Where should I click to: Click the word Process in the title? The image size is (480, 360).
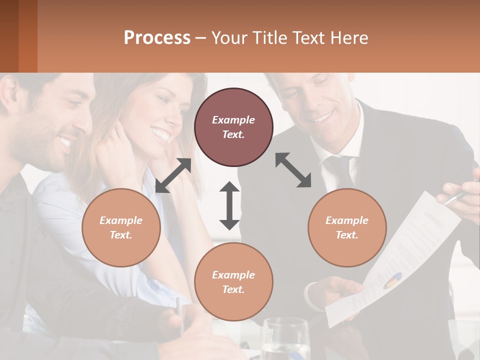point(157,38)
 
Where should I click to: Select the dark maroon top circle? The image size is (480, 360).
point(233,127)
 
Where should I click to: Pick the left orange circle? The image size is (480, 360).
point(121,227)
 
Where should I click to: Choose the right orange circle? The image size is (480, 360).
point(347,227)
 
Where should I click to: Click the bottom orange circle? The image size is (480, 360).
point(233,281)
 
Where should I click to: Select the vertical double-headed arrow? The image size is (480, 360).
point(229,205)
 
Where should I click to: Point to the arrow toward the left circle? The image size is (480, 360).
point(173,175)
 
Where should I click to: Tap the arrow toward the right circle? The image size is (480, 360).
point(293,170)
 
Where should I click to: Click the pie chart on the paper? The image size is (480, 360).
point(393,281)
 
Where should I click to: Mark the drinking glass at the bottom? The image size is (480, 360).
point(285,340)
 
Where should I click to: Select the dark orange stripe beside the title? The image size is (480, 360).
point(28,36)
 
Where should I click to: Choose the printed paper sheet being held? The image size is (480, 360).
point(395,260)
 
